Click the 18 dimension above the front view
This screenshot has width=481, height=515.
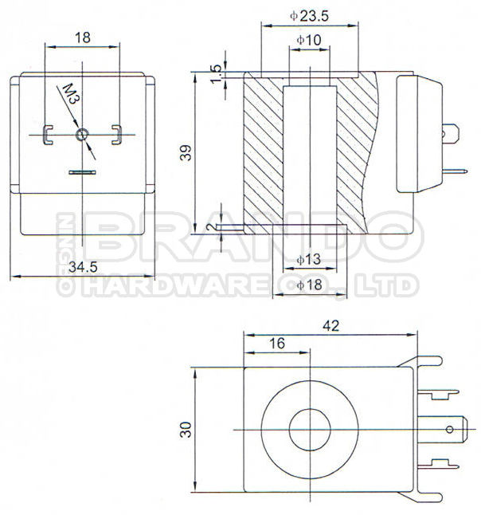pos(82,37)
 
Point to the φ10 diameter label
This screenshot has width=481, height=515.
pos(308,40)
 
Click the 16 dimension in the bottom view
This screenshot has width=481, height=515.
pos(276,343)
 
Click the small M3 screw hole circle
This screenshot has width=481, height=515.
pos(81,136)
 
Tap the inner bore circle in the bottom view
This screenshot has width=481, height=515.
pos(309,429)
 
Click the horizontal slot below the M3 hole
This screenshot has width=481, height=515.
pos(81,171)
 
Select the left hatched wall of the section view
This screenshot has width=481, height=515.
pos(262,151)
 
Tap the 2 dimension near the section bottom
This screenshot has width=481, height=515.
pos(210,229)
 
